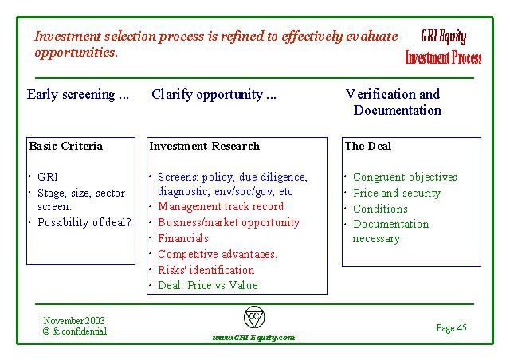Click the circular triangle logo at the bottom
click(x=254, y=317)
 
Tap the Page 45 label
click(x=452, y=328)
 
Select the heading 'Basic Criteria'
click(x=65, y=146)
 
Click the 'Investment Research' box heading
click(x=204, y=146)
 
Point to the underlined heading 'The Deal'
click(x=368, y=146)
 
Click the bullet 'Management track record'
click(x=221, y=206)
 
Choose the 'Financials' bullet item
click(x=183, y=238)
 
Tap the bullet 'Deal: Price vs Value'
click(x=208, y=285)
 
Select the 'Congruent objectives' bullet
click(x=405, y=178)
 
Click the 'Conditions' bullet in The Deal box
click(x=380, y=209)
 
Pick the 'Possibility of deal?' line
click(x=84, y=222)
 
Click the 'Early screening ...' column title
click(x=78, y=95)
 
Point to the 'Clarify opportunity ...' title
click(x=214, y=95)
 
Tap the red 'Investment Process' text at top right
click(x=443, y=57)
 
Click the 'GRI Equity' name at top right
click(x=444, y=37)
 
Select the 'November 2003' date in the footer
click(x=74, y=321)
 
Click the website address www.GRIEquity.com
click(x=253, y=337)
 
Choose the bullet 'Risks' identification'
click(x=206, y=270)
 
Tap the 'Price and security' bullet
click(x=397, y=194)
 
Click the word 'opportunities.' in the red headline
click(x=76, y=53)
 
